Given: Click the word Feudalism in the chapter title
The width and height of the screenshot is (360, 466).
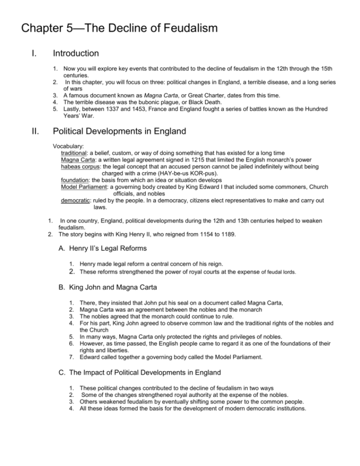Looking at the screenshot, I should coord(180,28).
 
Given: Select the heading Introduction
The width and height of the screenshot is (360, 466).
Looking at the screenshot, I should coord(76,53).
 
